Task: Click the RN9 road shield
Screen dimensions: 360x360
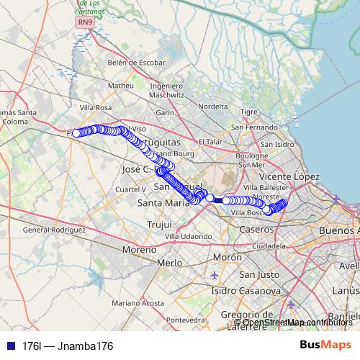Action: click(86, 23)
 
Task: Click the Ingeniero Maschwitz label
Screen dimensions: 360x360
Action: click(167, 90)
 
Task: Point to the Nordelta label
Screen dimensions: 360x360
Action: click(212, 106)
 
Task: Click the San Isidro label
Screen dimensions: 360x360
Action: click(278, 144)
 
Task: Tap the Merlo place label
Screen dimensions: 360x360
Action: click(169, 263)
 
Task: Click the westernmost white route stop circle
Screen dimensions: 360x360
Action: click(76, 132)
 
